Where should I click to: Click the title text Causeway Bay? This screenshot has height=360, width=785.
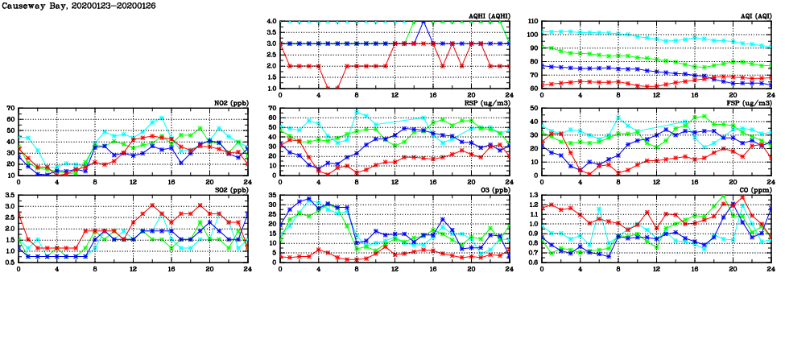(x=32, y=6)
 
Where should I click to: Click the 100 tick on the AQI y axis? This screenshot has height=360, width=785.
(x=531, y=35)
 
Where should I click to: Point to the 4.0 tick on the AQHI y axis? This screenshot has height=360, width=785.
(x=271, y=21)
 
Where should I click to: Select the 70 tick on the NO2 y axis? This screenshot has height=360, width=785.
(x=10, y=108)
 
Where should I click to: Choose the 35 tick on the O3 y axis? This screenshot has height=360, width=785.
(x=271, y=195)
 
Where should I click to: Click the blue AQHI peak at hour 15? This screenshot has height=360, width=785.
(x=423, y=22)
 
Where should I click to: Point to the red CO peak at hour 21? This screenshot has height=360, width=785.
(x=742, y=197)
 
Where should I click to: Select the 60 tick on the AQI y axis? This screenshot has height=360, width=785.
(x=533, y=89)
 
